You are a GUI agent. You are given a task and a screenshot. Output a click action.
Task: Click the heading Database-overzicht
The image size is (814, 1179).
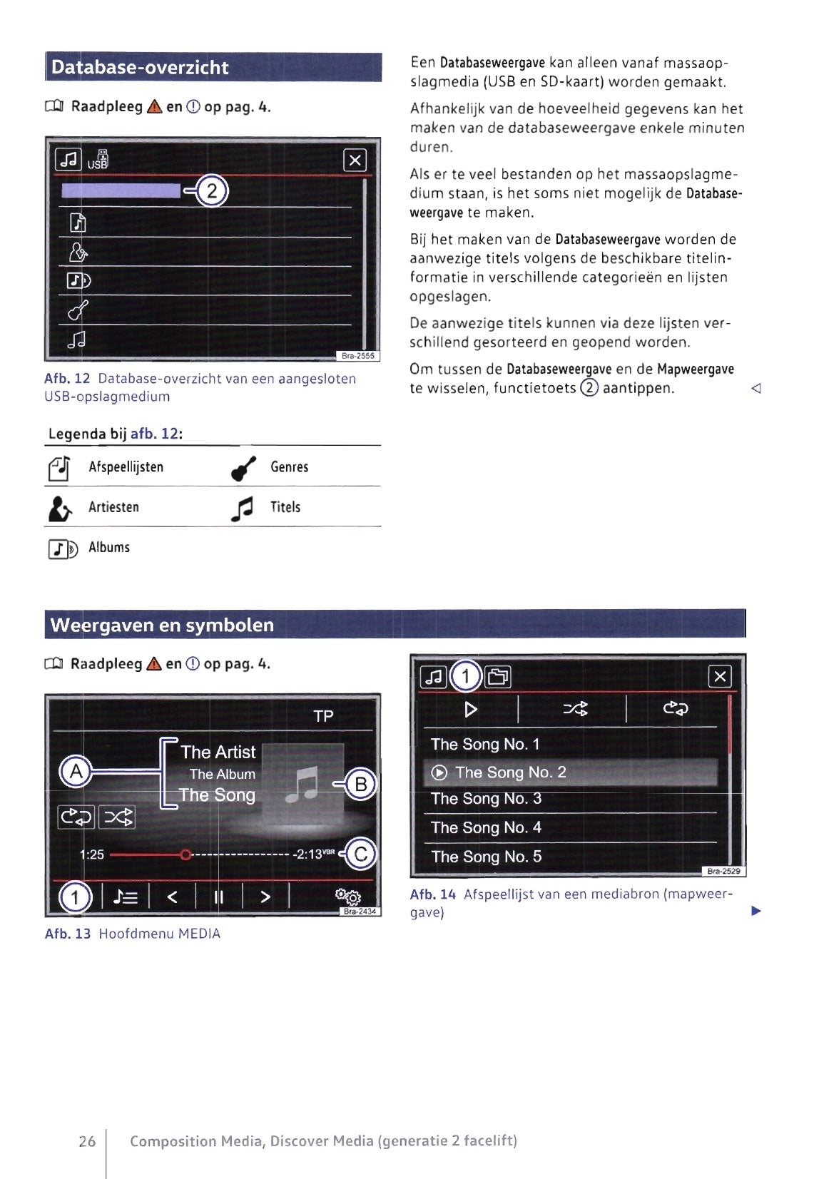tap(140, 68)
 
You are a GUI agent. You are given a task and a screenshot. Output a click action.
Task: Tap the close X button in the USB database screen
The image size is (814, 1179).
tap(355, 160)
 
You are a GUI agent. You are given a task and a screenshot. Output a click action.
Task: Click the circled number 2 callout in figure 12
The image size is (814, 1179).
tap(211, 191)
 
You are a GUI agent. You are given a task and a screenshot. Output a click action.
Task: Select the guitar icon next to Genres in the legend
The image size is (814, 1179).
tap(243, 468)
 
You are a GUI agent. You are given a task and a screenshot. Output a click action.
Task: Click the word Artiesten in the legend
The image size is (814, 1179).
tap(113, 507)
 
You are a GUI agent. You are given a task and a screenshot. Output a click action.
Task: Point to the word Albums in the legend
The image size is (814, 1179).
tap(109, 547)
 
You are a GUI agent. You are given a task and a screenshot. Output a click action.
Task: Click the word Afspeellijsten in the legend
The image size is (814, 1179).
tap(126, 467)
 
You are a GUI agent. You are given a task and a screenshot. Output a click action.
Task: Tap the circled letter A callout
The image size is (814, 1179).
tap(75, 771)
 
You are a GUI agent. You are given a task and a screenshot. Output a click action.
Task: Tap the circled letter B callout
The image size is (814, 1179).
tap(361, 785)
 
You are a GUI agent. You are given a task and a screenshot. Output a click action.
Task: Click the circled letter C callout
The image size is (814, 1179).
tap(361, 854)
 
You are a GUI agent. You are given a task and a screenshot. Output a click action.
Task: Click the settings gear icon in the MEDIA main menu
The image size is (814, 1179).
tap(348, 896)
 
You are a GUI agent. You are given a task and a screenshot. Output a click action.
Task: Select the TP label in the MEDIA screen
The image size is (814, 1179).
tap(323, 716)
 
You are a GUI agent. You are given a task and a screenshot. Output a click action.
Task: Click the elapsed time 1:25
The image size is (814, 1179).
tap(91, 854)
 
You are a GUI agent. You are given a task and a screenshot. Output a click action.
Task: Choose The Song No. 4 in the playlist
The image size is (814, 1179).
tap(486, 827)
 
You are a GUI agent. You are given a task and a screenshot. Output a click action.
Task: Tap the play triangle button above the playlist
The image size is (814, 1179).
tap(471, 709)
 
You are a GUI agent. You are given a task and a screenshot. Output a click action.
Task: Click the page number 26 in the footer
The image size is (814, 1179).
tap(87, 1141)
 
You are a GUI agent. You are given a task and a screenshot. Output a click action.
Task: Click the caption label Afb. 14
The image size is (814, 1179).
tap(432, 894)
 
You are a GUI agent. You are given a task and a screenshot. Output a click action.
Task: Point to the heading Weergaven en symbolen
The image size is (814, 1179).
tap(162, 626)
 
